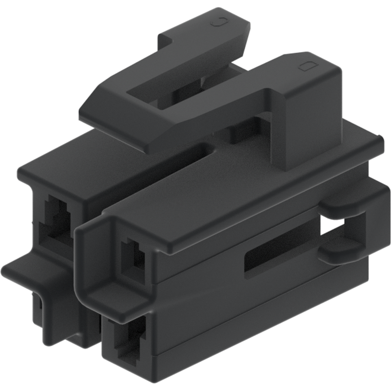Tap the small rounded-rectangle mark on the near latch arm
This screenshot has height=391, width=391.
pos(306,66)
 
